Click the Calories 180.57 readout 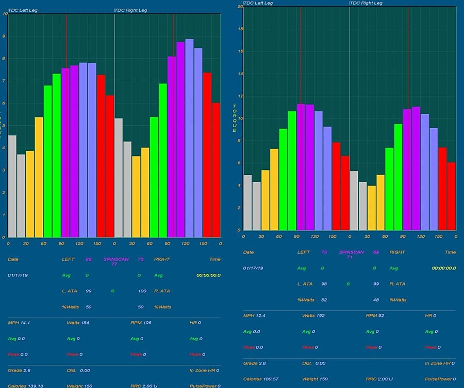point(260,379)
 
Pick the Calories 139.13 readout point(25,385)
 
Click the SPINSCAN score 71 point(349,257)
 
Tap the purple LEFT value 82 point(88,259)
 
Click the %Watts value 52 point(324,299)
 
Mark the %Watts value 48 point(374,299)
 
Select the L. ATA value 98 point(324,284)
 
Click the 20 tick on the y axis point(240,7)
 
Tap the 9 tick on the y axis point(5,37)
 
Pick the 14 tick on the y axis point(240,74)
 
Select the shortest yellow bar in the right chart point(371,208)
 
